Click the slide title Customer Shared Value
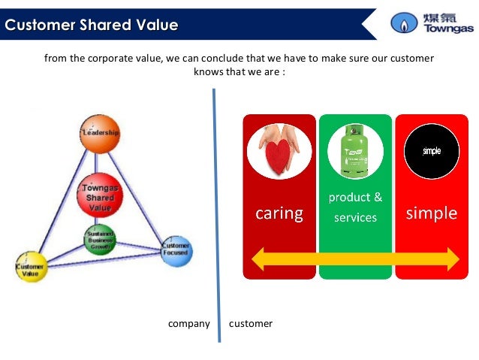coord(91,26)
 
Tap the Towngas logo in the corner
coord(431,23)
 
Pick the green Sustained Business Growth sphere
coord(100,240)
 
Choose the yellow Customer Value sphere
coord(32,266)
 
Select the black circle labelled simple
coord(432,150)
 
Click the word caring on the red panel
coord(279,214)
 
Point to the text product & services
coord(356,207)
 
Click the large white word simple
coord(432,213)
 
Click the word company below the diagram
coord(188,324)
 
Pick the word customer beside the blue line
coord(251,324)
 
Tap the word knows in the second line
coord(209,72)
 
